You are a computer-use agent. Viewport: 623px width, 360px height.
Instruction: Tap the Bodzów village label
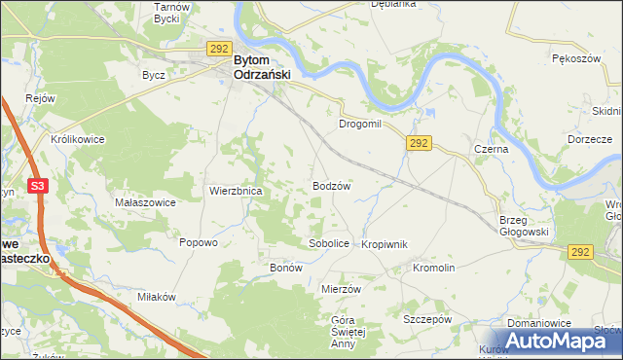point(331,185)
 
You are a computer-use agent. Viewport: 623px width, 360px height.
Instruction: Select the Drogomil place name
point(363,126)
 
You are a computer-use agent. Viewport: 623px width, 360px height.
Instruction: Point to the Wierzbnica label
point(235,192)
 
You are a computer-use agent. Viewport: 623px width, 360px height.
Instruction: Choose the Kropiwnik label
point(384,244)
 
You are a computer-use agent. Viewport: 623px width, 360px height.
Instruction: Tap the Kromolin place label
point(434,268)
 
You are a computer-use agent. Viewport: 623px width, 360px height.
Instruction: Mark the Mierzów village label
point(341,289)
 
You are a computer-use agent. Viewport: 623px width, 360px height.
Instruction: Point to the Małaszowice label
point(145,202)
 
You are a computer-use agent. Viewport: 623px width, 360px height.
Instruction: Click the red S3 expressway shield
point(38,186)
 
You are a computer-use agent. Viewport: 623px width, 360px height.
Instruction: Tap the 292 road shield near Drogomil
point(420,143)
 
